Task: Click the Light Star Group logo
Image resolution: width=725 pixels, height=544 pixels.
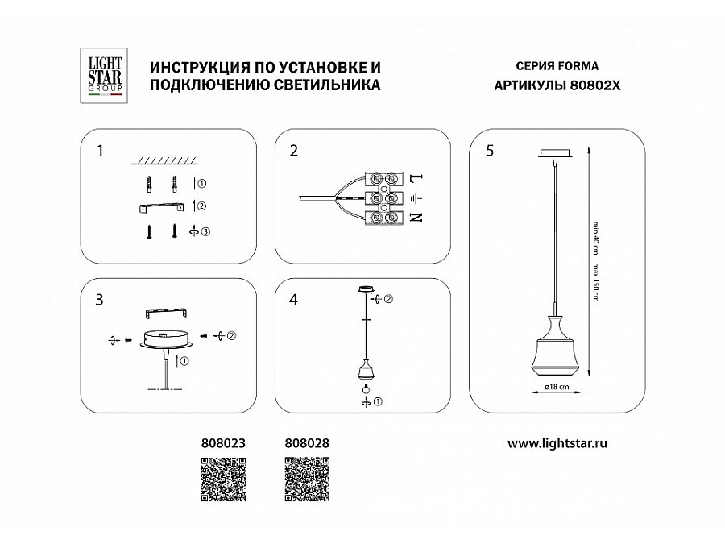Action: (x=104, y=77)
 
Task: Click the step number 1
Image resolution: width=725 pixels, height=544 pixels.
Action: (x=99, y=151)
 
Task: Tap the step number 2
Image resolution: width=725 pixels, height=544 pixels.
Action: (x=294, y=151)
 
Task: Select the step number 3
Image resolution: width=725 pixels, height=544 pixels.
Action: (x=99, y=300)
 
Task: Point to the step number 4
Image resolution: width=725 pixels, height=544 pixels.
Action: (x=294, y=300)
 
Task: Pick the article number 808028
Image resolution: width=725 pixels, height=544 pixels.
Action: (x=308, y=442)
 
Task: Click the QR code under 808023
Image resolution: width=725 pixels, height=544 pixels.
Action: (x=222, y=480)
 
